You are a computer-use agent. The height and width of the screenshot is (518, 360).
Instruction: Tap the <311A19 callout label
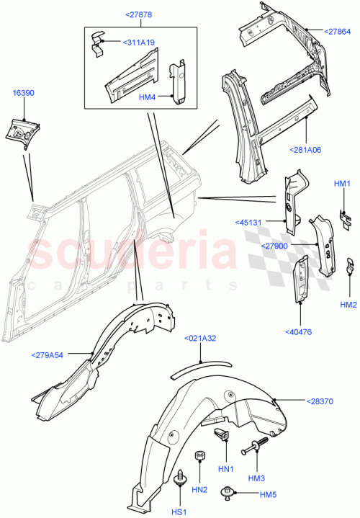coord(138,43)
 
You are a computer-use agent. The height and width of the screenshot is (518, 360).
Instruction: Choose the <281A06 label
coord(307,150)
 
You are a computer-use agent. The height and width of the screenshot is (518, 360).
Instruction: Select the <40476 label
coord(299,331)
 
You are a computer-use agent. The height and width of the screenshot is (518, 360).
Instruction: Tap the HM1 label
coord(342,184)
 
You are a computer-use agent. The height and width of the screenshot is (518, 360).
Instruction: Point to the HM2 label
coord(348,305)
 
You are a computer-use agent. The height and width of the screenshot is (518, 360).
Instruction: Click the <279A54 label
coord(48,354)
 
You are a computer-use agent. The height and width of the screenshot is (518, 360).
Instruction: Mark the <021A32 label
coord(201,338)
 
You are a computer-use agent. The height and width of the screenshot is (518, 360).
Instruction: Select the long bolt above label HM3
coord(257,447)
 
